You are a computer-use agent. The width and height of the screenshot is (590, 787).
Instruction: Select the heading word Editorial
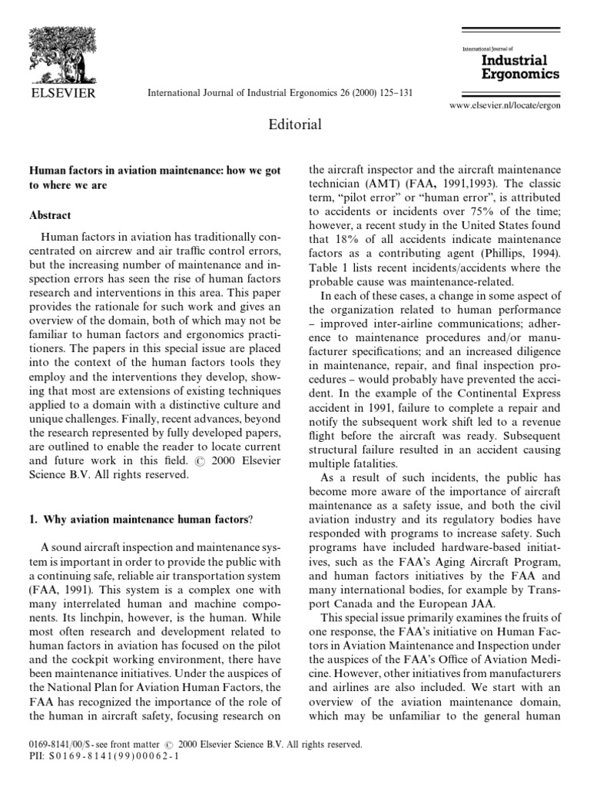pyautogui.click(x=295, y=124)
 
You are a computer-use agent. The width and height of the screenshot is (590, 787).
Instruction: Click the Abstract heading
pyautogui.click(x=51, y=216)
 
